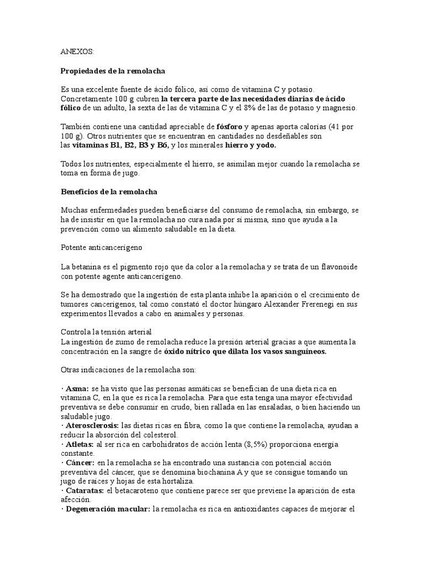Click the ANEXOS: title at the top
[x=77, y=51]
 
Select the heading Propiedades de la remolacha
[x=113, y=71]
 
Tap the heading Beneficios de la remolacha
[x=109, y=191]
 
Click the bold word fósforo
[x=230, y=126]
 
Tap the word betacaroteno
[x=137, y=491]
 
